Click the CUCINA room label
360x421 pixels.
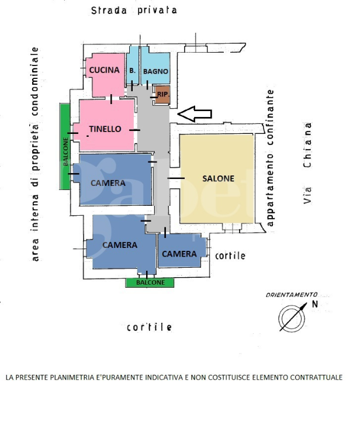[104, 70]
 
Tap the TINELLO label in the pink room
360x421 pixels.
[105, 129]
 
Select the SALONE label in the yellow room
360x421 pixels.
[218, 178]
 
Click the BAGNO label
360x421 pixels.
[155, 71]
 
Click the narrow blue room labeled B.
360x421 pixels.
[133, 70]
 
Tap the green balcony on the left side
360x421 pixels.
[67, 146]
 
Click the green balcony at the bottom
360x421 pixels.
[150, 283]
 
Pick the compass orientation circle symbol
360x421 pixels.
[290, 317]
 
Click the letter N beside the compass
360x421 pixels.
[315, 304]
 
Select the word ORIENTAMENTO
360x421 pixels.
[291, 295]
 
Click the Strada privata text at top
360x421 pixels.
[134, 11]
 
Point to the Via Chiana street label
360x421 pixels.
[307, 163]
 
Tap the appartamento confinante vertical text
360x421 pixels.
[270, 158]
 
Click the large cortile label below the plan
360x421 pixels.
[150, 327]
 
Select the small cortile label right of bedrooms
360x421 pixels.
[230, 256]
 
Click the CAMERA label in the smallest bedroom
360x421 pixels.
[179, 254]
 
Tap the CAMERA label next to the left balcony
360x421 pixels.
[108, 183]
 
